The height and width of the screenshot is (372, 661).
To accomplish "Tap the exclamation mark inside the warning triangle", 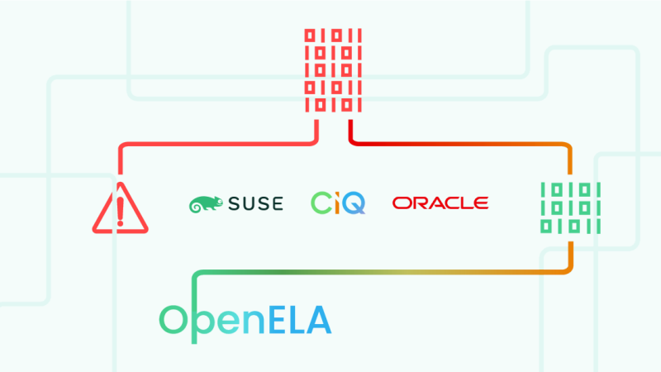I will click(121, 210).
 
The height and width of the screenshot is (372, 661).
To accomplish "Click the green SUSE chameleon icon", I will click(206, 203).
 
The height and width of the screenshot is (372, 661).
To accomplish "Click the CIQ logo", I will click(338, 203).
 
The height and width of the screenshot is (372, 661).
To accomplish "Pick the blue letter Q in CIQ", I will click(354, 203).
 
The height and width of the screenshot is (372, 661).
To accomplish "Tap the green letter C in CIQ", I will click(321, 203).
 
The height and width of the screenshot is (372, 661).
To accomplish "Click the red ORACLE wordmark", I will click(440, 203).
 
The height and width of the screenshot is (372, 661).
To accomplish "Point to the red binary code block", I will click(334, 71).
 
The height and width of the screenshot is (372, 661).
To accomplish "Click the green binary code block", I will click(570, 206).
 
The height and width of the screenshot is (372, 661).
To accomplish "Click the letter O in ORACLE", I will click(402, 203).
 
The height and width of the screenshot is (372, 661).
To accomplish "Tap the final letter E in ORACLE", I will click(480, 203).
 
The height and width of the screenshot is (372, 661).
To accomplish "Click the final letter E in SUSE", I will click(275, 203).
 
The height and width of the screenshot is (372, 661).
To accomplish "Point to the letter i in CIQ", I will click(337, 203).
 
